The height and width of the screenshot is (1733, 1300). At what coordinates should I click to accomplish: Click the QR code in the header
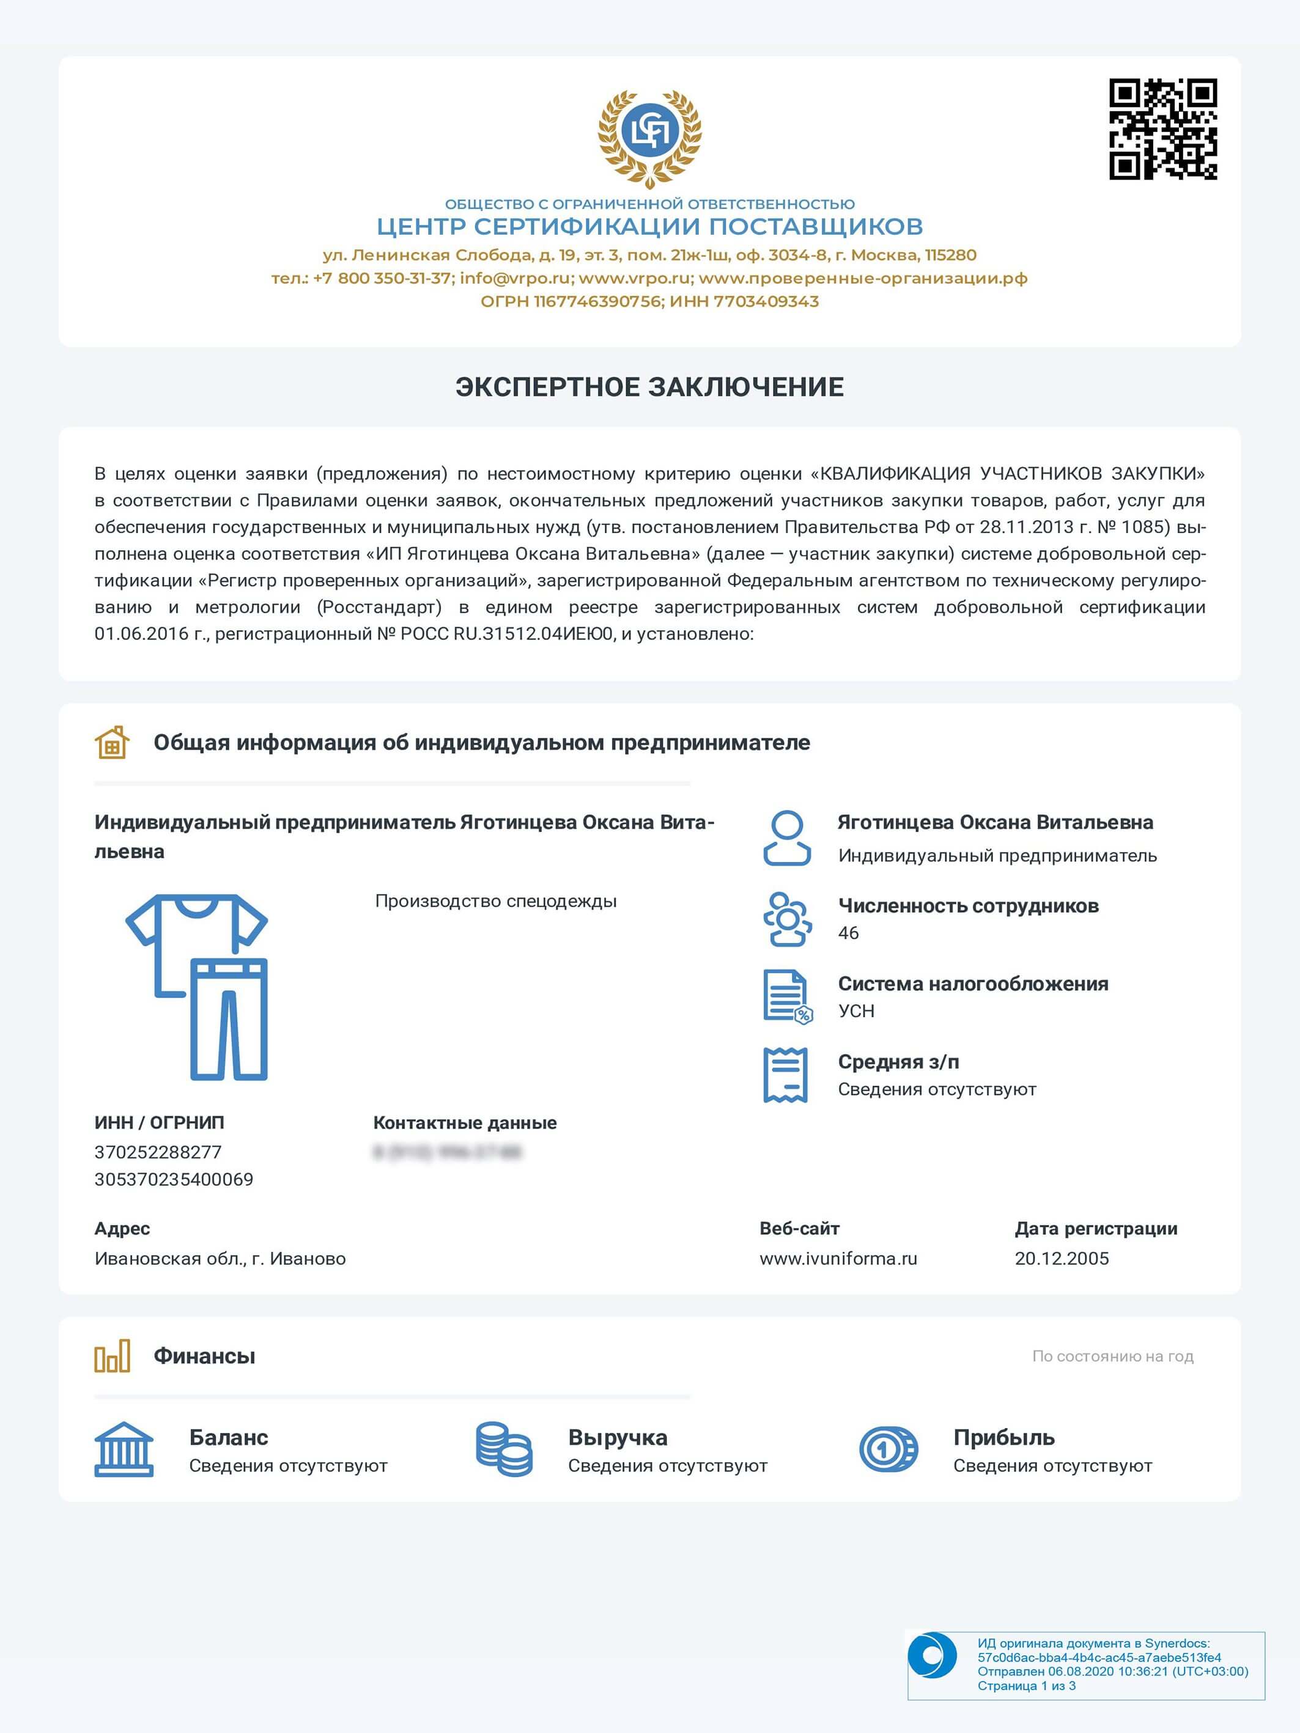click(x=1163, y=129)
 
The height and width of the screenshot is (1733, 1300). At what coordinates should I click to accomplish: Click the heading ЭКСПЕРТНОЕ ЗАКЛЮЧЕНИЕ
click(x=649, y=387)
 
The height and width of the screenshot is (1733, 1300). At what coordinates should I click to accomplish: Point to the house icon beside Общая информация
click(x=112, y=742)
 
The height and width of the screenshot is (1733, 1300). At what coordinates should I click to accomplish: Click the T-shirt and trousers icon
click(x=198, y=987)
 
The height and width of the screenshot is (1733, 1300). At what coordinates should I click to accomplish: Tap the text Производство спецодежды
click(x=495, y=901)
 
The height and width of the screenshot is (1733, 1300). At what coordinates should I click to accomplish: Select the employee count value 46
click(x=849, y=933)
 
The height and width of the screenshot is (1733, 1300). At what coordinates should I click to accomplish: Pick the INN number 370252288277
click(x=158, y=1152)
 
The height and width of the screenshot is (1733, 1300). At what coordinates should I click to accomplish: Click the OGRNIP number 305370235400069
click(x=174, y=1180)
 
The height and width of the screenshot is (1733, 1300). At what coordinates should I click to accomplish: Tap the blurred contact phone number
click(x=448, y=1152)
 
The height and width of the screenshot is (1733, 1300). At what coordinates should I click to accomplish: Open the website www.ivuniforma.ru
click(x=838, y=1259)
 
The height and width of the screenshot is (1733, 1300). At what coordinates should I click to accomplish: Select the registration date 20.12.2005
click(x=1062, y=1259)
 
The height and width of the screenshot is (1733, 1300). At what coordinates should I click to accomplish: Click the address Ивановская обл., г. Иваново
click(x=220, y=1259)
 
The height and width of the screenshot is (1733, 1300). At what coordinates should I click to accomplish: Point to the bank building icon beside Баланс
click(x=124, y=1449)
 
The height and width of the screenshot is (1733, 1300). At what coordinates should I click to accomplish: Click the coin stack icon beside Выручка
click(x=504, y=1449)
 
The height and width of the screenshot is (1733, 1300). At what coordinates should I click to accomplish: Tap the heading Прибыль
click(x=1004, y=1438)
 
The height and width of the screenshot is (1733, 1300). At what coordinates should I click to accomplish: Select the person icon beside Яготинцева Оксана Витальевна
click(x=787, y=838)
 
